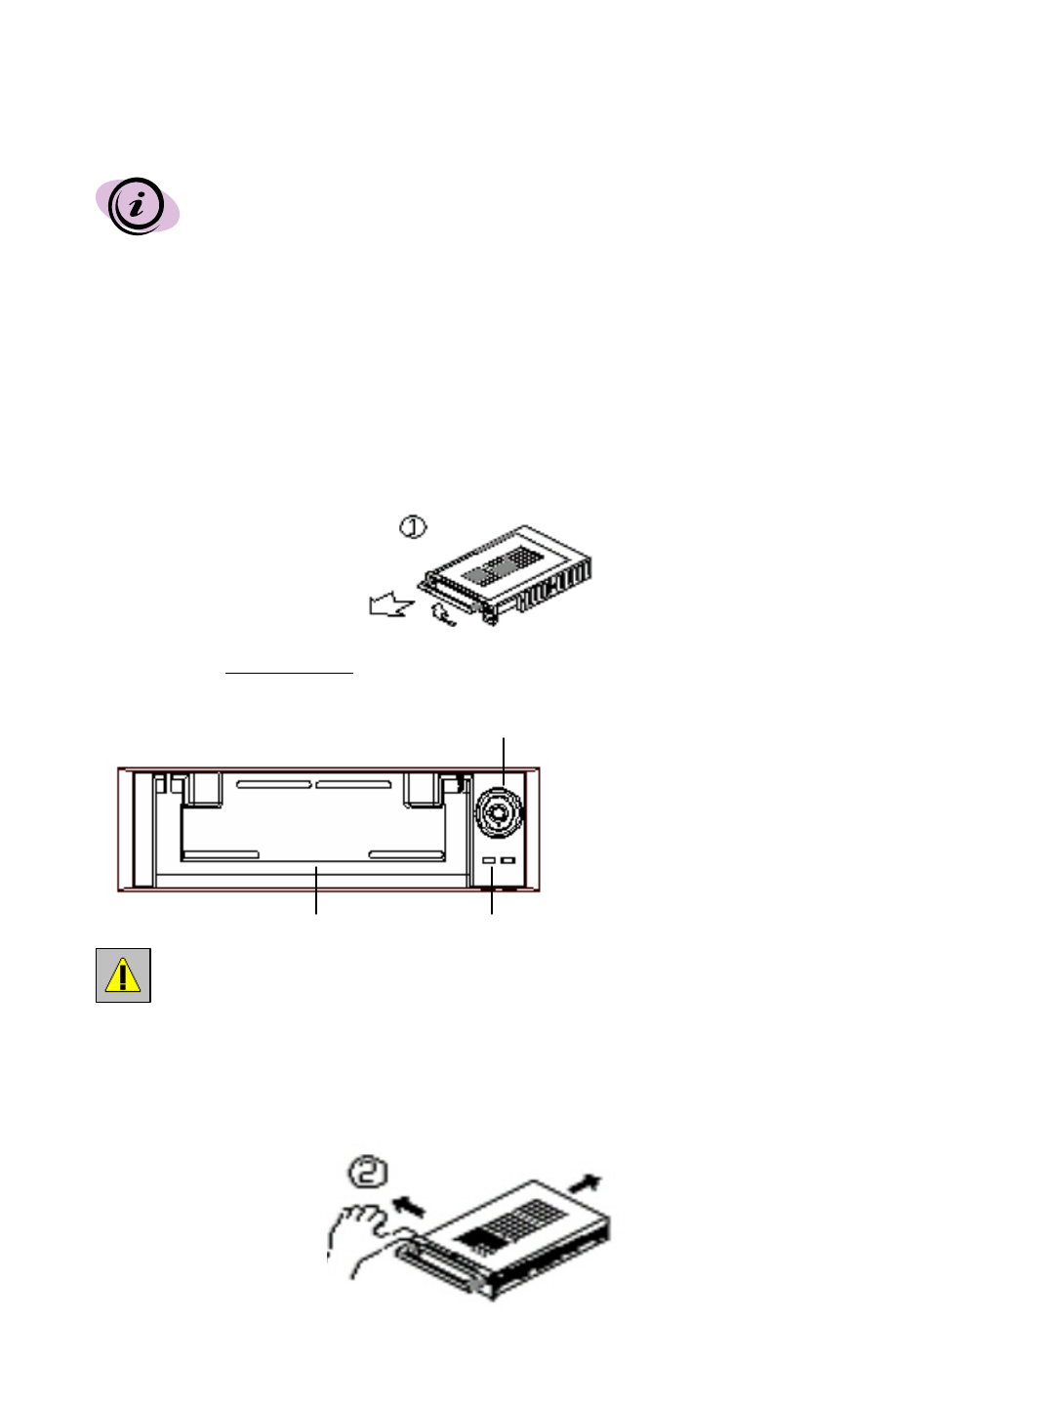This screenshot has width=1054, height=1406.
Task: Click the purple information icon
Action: click(x=137, y=206)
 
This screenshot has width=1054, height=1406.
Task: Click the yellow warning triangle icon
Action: click(x=123, y=974)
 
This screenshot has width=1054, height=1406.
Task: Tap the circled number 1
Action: click(x=414, y=527)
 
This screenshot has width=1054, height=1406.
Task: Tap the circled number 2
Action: click(x=370, y=1172)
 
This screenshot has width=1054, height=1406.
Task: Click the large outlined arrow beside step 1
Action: click(x=390, y=605)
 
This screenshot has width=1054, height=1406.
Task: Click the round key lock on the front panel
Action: click(x=499, y=811)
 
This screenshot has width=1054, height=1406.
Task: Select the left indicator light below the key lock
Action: click(x=490, y=860)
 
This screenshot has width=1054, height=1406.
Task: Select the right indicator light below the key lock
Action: click(x=507, y=860)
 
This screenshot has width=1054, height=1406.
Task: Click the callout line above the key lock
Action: click(x=504, y=754)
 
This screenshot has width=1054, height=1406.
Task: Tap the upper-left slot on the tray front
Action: click(x=274, y=784)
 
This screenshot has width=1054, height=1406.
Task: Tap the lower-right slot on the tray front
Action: click(x=406, y=855)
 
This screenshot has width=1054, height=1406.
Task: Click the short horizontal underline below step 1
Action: click(x=289, y=673)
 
